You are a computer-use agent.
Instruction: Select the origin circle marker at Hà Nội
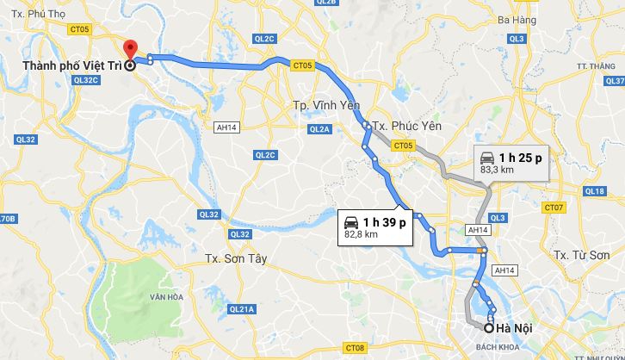point(489,327)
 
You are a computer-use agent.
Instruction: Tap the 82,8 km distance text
point(362,234)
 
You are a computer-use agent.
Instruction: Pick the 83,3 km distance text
point(497,170)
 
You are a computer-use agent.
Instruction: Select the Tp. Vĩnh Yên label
point(312,105)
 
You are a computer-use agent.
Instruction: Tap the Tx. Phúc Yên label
point(403,126)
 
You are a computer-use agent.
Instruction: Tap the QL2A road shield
point(319,128)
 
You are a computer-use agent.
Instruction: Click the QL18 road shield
point(595,191)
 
